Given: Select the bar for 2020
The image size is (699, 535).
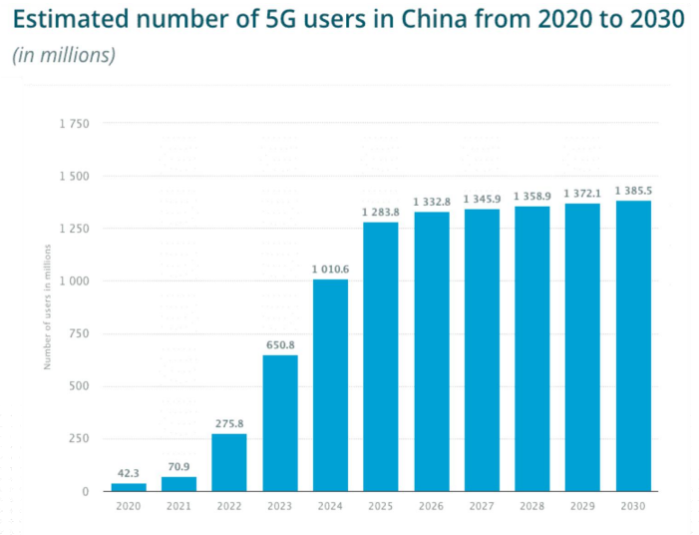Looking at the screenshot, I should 129,487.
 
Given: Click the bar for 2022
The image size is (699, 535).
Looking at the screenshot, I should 229,462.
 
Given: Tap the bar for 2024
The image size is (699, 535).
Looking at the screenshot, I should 330,385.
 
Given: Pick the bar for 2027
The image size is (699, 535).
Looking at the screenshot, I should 482,350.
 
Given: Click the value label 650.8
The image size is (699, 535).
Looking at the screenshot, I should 280,344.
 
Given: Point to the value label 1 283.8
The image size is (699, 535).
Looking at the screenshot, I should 381,212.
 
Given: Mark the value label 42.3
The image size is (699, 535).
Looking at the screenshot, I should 129,473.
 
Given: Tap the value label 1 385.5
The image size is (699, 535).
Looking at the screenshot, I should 633,190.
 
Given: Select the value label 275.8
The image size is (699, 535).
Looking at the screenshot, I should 229,423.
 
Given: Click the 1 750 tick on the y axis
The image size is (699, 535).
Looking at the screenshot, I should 74,124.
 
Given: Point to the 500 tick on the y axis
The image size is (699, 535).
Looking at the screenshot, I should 80,386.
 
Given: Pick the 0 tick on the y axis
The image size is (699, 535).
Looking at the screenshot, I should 86,491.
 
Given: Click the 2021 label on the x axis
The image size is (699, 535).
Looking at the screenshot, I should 179,507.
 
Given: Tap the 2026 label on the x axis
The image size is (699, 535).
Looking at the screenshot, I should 432,507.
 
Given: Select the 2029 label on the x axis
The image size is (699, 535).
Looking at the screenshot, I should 582,507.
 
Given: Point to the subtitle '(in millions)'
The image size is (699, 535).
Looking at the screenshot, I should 64,55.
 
